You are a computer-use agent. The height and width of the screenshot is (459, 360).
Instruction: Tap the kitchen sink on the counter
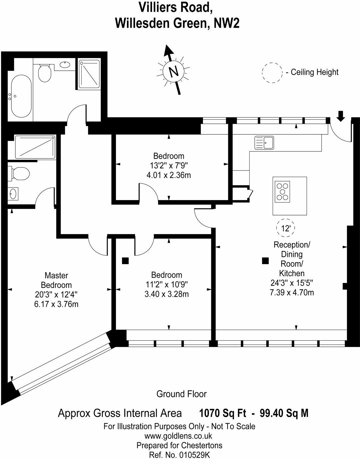tap(264, 143)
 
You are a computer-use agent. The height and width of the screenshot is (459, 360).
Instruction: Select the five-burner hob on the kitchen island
tap(282, 192)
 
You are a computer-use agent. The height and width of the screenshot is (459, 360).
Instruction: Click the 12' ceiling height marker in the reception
tap(286, 228)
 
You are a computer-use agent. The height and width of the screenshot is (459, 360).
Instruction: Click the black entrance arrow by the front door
tap(340, 116)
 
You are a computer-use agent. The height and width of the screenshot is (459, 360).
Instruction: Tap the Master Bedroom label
tap(56, 280)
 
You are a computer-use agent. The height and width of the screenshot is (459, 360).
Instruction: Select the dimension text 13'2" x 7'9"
tap(169, 165)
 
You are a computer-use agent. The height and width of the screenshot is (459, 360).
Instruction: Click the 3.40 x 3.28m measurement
tap(166, 294)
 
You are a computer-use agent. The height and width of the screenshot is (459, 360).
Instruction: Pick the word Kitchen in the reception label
tap(292, 273)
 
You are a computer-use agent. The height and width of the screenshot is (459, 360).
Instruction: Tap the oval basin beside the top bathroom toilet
tap(65, 64)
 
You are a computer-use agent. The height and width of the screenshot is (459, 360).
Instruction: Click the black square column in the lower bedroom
tap(125, 261)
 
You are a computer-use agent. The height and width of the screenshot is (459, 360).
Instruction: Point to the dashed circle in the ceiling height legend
tap(272, 73)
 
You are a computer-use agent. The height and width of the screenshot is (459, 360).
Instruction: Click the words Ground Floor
tap(181, 394)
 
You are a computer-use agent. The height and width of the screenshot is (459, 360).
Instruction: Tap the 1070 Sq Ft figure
tap(223, 413)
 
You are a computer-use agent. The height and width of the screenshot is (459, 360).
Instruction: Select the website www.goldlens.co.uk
tap(178, 436)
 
